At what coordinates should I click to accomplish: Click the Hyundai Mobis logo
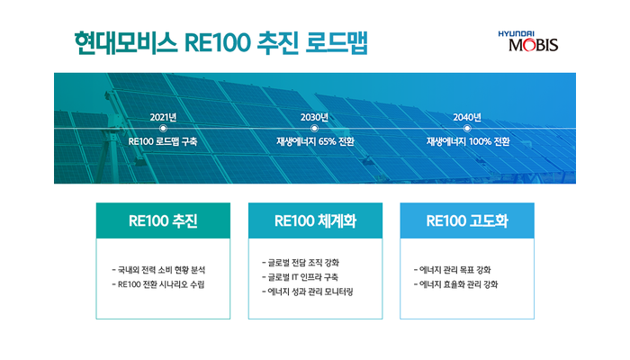528,41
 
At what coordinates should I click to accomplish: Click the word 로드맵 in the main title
337,42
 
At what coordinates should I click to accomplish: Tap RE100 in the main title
218,43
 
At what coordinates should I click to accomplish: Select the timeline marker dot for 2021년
163,128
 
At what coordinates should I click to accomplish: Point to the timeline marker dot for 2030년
315,128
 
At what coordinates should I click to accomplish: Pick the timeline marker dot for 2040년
467,128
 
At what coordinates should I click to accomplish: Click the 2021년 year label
163,117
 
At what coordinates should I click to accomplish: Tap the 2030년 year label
315,117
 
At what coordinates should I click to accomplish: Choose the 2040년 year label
467,117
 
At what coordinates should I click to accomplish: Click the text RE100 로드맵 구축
163,141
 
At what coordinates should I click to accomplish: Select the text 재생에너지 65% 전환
315,141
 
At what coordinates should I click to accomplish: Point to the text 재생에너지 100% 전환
468,141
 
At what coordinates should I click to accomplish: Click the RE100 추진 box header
163,220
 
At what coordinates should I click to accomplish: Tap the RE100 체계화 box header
315,220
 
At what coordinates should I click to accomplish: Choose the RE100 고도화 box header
467,220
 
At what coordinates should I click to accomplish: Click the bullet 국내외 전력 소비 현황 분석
158,270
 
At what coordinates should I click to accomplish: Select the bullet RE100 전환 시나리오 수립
158,284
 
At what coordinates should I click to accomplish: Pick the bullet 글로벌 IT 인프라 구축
300,277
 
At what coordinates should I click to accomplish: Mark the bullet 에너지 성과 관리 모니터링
308,292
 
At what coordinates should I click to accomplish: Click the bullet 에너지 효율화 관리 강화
455,284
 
